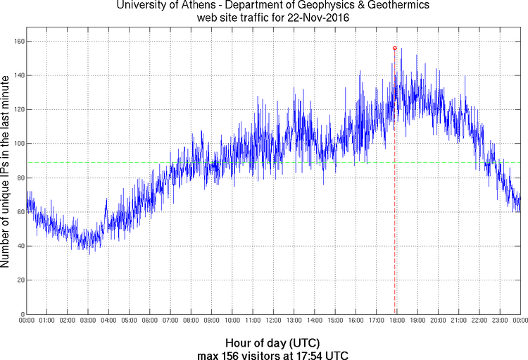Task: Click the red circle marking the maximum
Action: coord(395,48)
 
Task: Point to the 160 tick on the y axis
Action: coord(19,42)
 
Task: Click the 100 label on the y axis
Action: coord(19,144)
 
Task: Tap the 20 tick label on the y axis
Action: coord(20,280)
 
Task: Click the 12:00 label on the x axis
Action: coord(273,321)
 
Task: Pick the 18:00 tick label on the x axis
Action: coord(396,321)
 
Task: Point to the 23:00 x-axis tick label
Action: coord(499,321)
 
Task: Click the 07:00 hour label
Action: coord(170,321)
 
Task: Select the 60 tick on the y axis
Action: coord(20,212)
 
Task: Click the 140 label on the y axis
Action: coord(19,75)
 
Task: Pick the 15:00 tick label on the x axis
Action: coord(335,321)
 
